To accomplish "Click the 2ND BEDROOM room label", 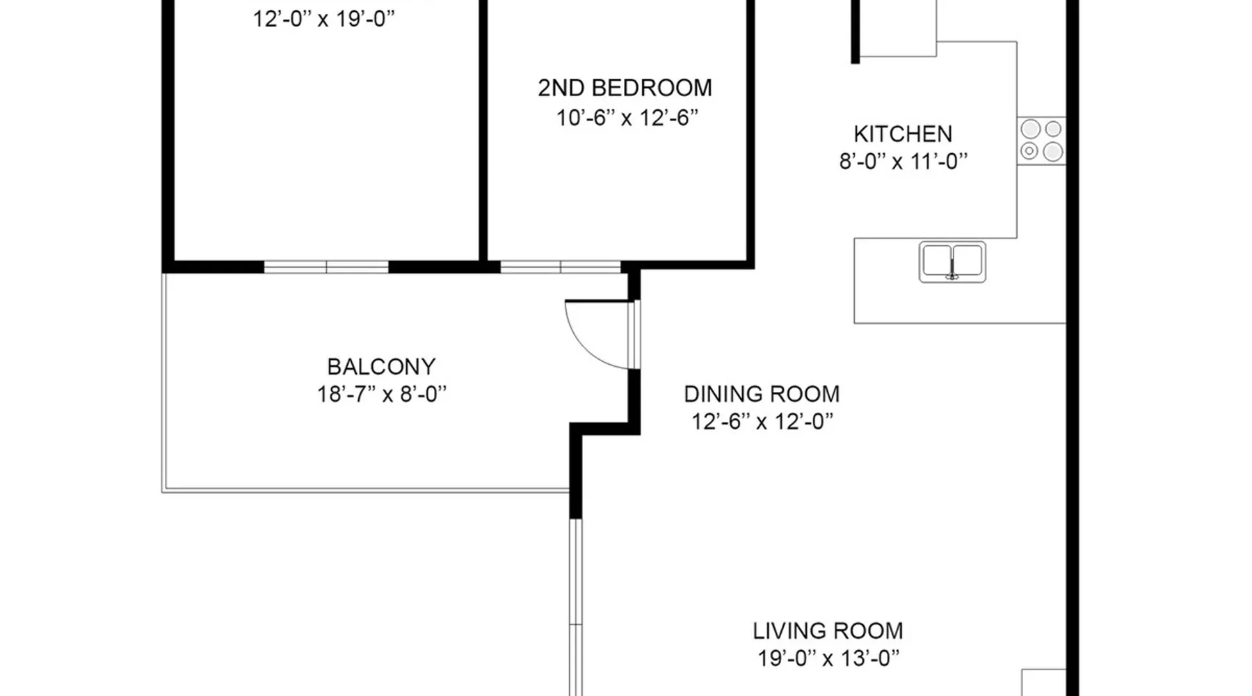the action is [625, 88].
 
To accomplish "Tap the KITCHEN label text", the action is [903, 134].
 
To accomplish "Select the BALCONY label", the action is [381, 366].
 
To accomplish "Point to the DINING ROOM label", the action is [762, 394].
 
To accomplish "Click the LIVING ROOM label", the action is [828, 631].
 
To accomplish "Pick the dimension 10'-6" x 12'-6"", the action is [627, 118].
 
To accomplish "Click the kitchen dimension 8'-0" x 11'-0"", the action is [903, 161].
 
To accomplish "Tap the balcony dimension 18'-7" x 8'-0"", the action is [381, 394].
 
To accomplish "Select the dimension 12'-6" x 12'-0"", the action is [762, 421].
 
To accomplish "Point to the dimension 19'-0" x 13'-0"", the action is [828, 658].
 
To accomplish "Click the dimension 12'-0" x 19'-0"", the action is [323, 18].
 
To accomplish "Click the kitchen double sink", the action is [952, 262].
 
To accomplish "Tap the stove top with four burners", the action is [1041, 141].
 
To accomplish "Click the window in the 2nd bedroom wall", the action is [561, 267].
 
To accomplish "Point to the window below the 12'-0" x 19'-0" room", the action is [326, 267].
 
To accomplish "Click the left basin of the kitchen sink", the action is [937, 260].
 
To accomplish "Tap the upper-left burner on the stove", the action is [1030, 129].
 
